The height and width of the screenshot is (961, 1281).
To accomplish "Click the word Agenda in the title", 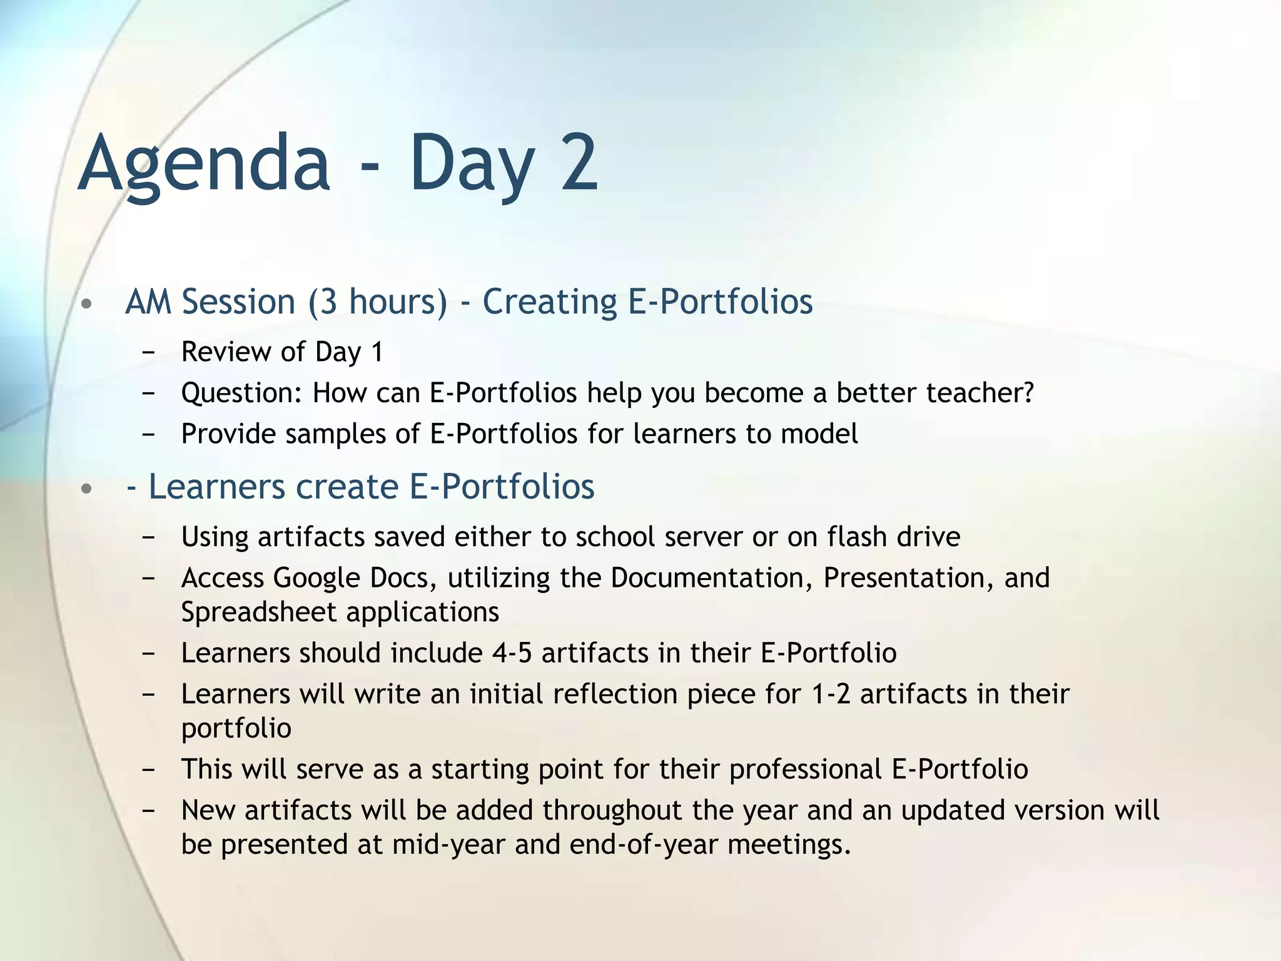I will [x=204, y=164].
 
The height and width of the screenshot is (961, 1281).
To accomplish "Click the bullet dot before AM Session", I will [x=87, y=305].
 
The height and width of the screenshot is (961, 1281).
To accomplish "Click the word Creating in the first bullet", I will [x=550, y=302].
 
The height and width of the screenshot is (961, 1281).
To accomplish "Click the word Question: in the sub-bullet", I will [x=241, y=394].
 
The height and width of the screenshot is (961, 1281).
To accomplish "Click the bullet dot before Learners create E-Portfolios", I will [x=87, y=489].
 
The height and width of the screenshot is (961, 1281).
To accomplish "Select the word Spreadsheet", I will [x=258, y=612].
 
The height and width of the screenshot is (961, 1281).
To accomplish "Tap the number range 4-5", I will [x=512, y=653].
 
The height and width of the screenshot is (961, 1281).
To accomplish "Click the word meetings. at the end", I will [x=789, y=845].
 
